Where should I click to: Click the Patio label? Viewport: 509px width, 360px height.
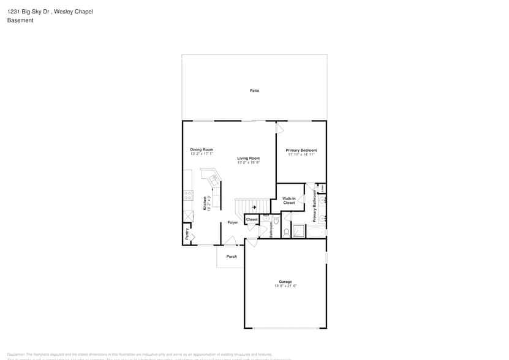pyautogui.click(x=254, y=91)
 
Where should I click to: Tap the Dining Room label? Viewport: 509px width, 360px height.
pyautogui.click(x=201, y=149)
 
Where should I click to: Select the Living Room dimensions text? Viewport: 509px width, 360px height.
pyautogui.click(x=249, y=162)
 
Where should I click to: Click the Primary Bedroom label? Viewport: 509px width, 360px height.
pyautogui.click(x=301, y=150)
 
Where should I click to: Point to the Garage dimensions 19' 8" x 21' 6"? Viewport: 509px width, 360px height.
pyautogui.click(x=285, y=286)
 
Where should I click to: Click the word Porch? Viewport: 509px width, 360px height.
pyautogui.click(x=232, y=257)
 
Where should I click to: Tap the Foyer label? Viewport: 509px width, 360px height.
pyautogui.click(x=233, y=222)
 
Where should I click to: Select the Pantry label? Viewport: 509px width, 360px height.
pyautogui.click(x=186, y=234)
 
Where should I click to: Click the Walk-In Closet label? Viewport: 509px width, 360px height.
pyautogui.click(x=289, y=200)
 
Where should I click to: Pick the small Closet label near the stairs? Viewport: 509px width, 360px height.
pyautogui.click(x=252, y=219)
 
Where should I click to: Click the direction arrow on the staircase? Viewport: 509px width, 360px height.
pyautogui.click(x=254, y=208)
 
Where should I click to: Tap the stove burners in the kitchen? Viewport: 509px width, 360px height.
pyautogui.click(x=189, y=195)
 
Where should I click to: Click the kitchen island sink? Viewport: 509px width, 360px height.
pyautogui.click(x=214, y=180)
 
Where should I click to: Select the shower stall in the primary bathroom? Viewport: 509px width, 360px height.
pyautogui.click(x=298, y=231)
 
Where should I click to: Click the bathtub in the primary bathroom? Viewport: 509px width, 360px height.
pyautogui.click(x=317, y=232)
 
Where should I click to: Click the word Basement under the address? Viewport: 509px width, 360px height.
pyautogui.click(x=20, y=20)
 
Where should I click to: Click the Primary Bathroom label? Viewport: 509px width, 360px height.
pyautogui.click(x=314, y=206)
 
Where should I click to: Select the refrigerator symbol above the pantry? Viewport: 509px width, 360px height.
pyautogui.click(x=188, y=217)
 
